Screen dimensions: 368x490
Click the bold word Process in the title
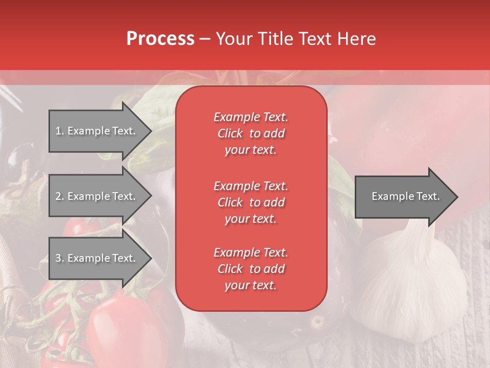[x=160, y=39]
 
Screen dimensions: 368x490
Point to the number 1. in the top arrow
[x=59, y=131]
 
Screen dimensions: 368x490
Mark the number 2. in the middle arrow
[x=59, y=196]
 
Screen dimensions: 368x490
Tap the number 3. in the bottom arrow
[x=59, y=258]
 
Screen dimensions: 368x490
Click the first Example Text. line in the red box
[x=251, y=117]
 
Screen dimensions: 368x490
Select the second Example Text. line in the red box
[x=251, y=186]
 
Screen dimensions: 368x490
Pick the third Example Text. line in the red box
[x=251, y=252]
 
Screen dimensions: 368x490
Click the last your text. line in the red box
[x=251, y=286]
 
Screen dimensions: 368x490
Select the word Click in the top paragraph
[x=230, y=133]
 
